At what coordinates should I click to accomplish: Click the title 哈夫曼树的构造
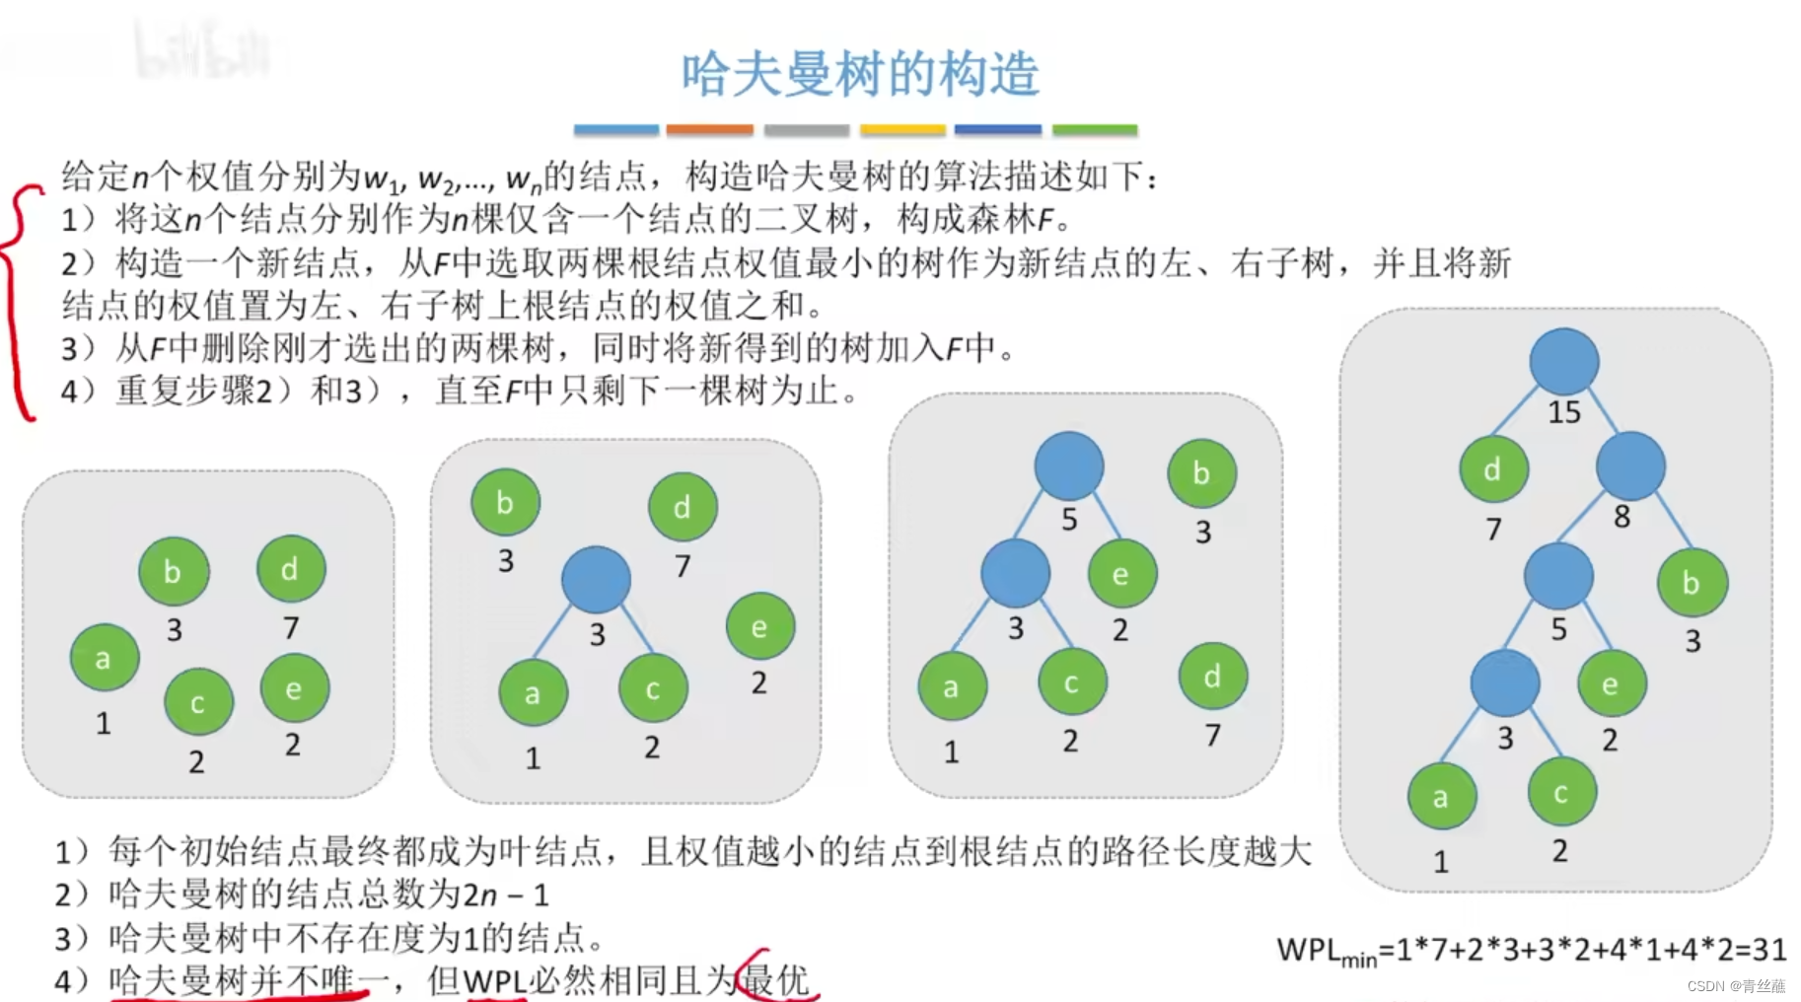tap(860, 75)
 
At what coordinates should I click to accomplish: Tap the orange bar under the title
tap(709, 129)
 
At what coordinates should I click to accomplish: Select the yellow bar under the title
tap(902, 129)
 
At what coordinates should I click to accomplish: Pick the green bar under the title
tap(1095, 129)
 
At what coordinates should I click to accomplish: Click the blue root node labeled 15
tap(1563, 361)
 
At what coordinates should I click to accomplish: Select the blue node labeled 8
tap(1629, 465)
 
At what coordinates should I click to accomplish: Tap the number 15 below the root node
tap(1563, 412)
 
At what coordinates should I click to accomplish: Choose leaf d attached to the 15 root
tap(1493, 469)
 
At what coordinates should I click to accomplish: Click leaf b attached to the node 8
tap(1692, 583)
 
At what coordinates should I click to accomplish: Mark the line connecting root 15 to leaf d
tap(1516, 409)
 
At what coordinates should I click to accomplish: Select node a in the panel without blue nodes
tap(104, 658)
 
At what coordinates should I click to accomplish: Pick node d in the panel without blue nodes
tap(290, 569)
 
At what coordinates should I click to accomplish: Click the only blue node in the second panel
tap(596, 579)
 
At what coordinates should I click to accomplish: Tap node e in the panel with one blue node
tap(759, 626)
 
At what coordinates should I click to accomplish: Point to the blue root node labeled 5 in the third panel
tap(1068, 465)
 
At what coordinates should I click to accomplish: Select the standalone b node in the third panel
tap(1201, 473)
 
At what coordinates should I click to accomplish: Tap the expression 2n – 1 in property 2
tap(506, 895)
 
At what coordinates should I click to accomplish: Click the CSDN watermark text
tap(1736, 986)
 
